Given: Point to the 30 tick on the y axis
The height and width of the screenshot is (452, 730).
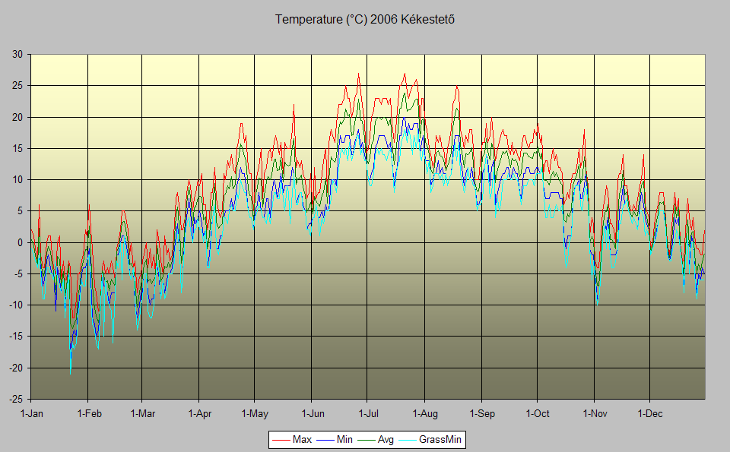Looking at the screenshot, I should [17, 55].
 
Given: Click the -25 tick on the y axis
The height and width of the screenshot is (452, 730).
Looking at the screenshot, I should [15, 399].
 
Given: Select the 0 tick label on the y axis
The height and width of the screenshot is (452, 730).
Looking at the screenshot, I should [20, 242].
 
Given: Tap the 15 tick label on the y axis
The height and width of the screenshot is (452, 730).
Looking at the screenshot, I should [17, 148].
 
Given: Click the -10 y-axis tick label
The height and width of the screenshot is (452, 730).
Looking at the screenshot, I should [15, 305].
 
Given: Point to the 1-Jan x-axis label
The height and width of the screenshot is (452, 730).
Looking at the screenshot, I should [31, 414].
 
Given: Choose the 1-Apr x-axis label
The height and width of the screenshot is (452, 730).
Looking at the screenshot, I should [199, 414].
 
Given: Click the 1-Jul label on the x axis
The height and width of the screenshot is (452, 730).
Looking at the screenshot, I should [367, 414].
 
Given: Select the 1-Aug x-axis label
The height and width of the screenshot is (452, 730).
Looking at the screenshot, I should [424, 414].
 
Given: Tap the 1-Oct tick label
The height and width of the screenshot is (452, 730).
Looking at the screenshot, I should [537, 414].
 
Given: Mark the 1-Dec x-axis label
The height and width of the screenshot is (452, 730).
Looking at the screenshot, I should [649, 414].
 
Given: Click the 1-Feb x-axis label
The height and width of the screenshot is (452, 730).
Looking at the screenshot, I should [88, 414].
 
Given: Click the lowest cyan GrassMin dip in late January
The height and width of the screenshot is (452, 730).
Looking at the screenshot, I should [70, 373].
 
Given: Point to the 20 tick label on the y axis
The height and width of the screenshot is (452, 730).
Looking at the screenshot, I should [17, 117].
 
